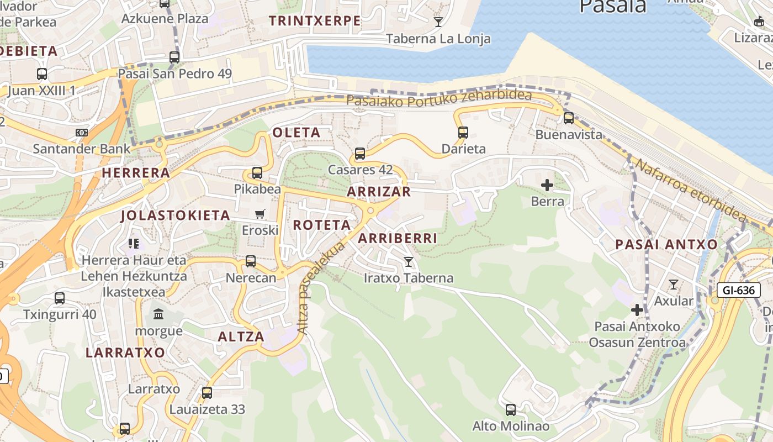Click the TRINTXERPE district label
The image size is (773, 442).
[315, 21]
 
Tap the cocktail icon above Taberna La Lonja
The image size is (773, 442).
[438, 22]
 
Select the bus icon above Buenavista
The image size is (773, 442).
[569, 118]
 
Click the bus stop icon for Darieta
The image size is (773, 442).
[463, 132]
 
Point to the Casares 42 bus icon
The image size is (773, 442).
[360, 153]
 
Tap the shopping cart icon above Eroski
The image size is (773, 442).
[260, 214]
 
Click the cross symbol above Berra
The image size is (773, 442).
[547, 185]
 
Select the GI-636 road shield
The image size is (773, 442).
[739, 290]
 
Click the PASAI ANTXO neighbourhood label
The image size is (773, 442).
[666, 244]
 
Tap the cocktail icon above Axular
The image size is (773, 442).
[674, 285]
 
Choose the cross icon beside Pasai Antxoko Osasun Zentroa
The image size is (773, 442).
[637, 310]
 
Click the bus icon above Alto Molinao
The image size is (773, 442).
[511, 409]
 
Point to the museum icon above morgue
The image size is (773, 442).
[159, 314]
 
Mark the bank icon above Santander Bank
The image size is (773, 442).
[82, 133]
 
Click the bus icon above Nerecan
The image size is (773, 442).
[251, 261]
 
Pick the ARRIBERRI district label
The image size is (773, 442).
[398, 238]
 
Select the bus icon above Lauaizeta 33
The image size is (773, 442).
[207, 393]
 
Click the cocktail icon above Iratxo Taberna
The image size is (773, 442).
[409, 261]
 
